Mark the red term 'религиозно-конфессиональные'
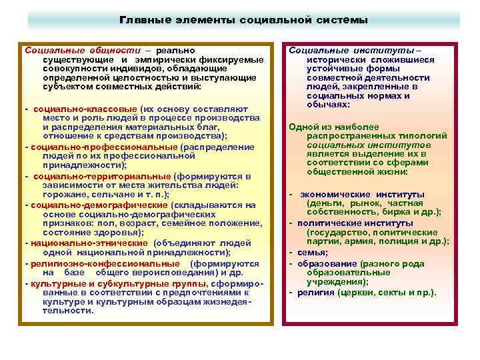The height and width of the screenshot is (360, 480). point(95,263)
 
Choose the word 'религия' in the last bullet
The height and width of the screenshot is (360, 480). point(315,293)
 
